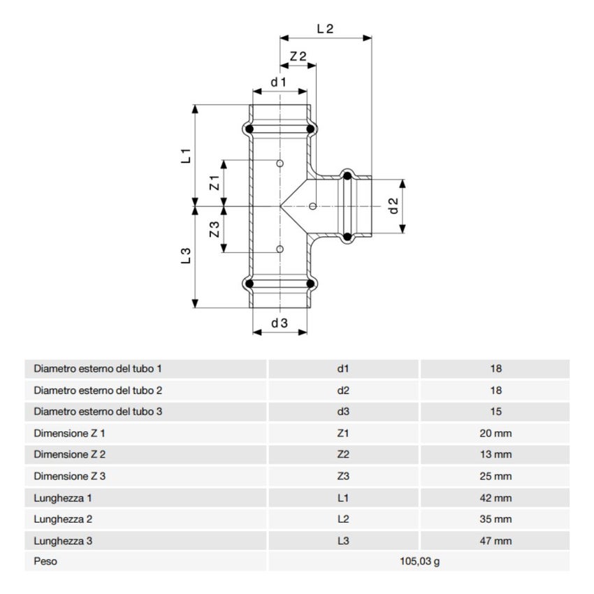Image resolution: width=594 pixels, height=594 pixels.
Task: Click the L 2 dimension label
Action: click(x=325, y=29)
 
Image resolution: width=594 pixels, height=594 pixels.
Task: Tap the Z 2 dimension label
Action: click(x=298, y=57)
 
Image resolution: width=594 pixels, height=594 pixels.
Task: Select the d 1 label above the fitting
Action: click(x=280, y=82)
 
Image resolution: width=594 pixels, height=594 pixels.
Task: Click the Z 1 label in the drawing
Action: click(x=215, y=184)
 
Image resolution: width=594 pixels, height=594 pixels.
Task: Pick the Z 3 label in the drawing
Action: click(x=215, y=229)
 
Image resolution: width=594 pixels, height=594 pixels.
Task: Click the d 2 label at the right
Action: click(x=393, y=207)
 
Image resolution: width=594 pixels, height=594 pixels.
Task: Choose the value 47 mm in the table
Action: click(x=496, y=541)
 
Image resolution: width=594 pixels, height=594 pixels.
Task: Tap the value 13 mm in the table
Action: click(x=496, y=455)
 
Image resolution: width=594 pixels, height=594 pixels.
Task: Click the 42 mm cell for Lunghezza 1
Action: click(x=496, y=498)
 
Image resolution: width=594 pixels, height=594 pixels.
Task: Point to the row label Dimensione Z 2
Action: click(x=70, y=455)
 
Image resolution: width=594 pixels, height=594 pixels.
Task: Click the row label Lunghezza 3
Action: click(x=64, y=541)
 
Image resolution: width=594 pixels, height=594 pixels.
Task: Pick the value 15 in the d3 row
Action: click(x=496, y=412)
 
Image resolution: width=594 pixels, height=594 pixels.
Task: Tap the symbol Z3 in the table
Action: click(x=342, y=477)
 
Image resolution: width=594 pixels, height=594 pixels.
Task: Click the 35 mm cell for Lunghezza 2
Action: click(x=496, y=519)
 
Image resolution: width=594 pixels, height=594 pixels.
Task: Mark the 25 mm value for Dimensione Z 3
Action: click(x=496, y=477)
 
